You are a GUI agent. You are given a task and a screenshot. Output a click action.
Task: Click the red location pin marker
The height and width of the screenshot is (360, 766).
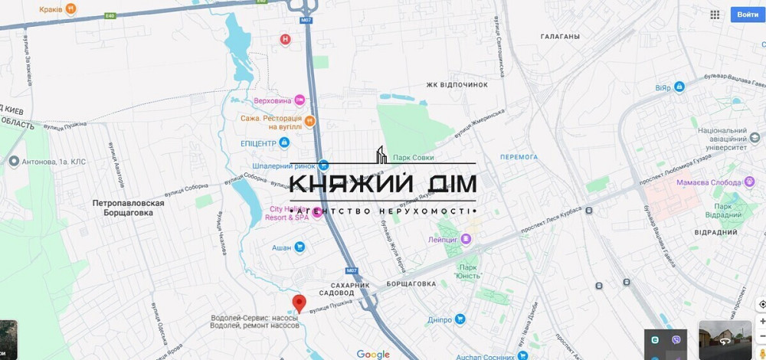tap(300, 303)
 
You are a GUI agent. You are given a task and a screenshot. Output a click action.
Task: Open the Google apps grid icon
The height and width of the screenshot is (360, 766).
tap(715, 15)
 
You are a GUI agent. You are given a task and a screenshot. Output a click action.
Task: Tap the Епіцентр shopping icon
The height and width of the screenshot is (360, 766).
tap(284, 142)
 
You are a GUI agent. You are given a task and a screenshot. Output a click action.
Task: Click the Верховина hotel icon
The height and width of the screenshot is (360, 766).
tap(300, 100)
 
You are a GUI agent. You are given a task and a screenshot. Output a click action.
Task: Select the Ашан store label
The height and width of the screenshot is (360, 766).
tap(283, 247)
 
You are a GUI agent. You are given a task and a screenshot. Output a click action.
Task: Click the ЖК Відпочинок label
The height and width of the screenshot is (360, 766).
tap(457, 84)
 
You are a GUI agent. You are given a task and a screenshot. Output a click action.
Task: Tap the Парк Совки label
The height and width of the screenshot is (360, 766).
tap(413, 158)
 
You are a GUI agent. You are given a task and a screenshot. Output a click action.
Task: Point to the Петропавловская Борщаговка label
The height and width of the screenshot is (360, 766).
tap(129, 208)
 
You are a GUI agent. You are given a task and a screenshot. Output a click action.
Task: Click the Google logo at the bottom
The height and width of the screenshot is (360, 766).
tap(373, 354)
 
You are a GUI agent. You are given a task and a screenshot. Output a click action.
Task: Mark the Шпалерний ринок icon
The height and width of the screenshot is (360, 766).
tap(324, 165)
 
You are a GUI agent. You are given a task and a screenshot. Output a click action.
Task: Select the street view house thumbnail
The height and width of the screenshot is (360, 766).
tap(725, 340)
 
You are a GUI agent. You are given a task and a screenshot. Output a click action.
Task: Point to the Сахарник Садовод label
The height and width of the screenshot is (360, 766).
tap(355, 289)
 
